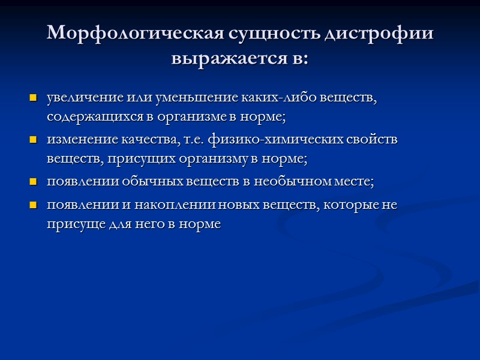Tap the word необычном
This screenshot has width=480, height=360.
288,181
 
